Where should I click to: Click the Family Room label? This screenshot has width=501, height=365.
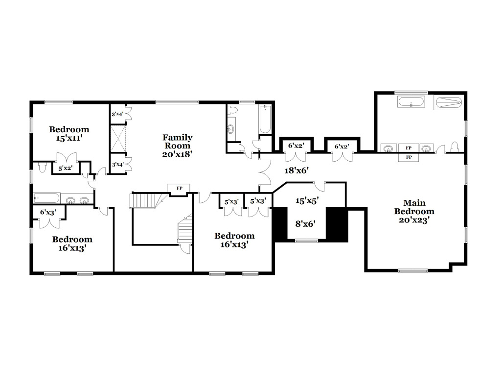pos(177,146)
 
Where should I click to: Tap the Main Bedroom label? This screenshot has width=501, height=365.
pos(414,211)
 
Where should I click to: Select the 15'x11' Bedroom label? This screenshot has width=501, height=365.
pos(69,134)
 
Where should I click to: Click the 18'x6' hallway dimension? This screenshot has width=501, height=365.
pos(296,170)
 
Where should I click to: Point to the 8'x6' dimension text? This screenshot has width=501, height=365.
pos(305,223)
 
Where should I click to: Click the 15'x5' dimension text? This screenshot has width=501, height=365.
pos(307,200)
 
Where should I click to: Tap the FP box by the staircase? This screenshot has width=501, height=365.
pos(179,188)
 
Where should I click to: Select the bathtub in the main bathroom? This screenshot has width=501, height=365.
pos(411,102)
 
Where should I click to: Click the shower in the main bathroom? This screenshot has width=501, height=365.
pos(449,103)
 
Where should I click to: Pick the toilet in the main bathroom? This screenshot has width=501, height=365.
pos(455,147)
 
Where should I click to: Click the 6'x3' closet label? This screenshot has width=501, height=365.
pos(48,212)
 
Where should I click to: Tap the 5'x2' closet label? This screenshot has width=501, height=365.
pos(65,168)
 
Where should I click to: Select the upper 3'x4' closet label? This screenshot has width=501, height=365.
pos(117,114)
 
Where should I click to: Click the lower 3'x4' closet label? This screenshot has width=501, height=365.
pos(117,165)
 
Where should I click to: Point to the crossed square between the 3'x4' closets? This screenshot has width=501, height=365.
pos(118,139)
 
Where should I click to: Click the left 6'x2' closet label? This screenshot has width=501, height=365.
pos(296,146)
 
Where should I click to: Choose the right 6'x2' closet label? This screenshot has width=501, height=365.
pos(342,146)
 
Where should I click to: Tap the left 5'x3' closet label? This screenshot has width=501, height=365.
pos(231,202)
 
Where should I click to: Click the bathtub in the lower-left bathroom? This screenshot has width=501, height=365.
pos(46,198)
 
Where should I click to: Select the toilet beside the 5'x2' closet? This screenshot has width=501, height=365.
pos(43,167)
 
